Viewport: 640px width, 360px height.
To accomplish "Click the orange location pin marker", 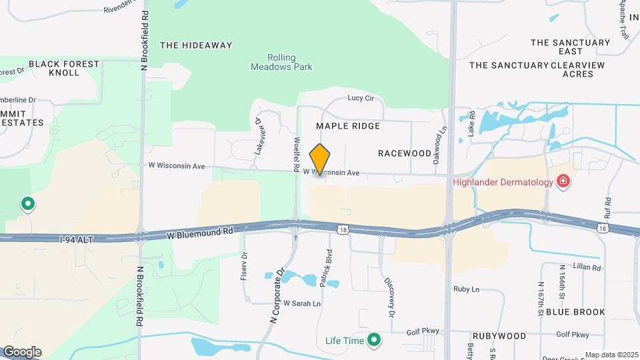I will pos(320,159).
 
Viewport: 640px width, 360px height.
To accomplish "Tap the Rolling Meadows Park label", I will pos(281,62).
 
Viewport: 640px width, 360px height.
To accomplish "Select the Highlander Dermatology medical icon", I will pos(564,182).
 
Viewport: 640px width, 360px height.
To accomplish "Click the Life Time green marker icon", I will pos(374,341).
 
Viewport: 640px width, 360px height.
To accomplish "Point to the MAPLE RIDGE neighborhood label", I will pos(348,126).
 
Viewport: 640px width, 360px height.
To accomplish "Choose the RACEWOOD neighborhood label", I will pos(405,153).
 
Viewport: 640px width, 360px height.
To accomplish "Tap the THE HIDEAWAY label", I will pos(196,45).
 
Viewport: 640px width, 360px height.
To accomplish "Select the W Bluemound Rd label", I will pos(200,233).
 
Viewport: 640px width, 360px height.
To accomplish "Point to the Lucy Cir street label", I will pos(363,98).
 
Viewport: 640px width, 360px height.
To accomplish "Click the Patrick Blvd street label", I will pos(326,269).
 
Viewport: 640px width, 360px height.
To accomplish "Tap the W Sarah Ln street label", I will pos(302,303).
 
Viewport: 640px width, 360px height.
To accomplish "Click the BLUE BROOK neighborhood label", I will pos(575,312).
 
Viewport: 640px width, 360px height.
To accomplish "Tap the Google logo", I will pos(22,352).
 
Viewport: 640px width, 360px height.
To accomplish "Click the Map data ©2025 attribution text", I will pos(611,355).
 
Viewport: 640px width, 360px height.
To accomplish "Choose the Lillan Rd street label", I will pos(587,268).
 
